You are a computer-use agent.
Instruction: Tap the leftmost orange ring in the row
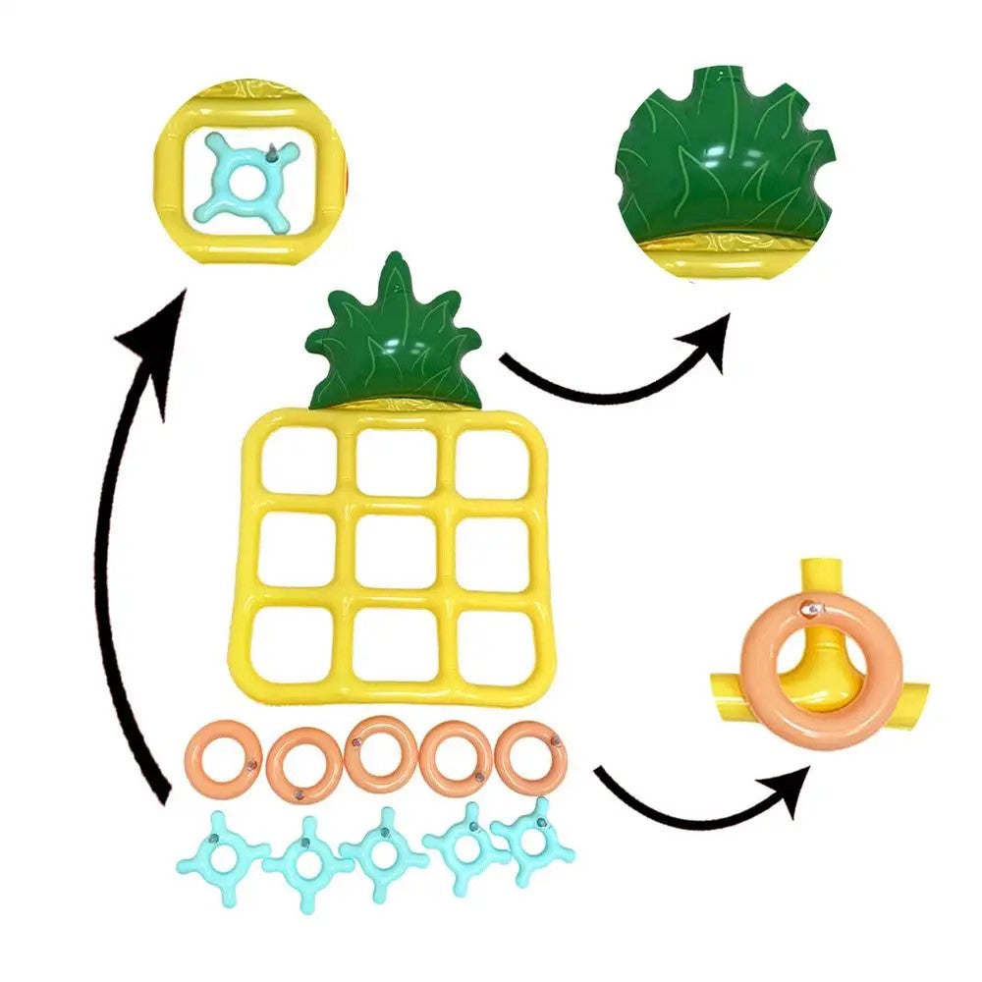[x=221, y=758]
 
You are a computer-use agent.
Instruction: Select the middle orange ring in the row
[x=382, y=754]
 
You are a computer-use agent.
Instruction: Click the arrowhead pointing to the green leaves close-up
[x=709, y=339]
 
